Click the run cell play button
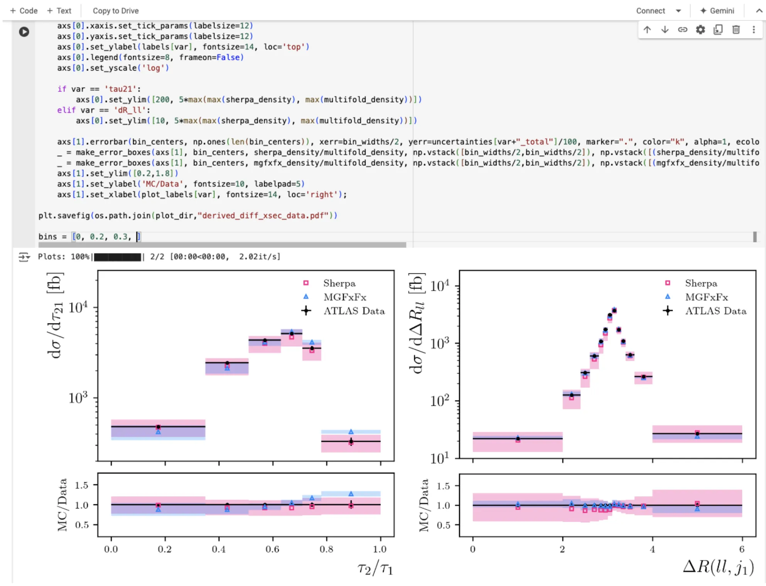(x=24, y=32)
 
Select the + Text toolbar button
(x=59, y=11)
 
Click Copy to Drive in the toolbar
(x=116, y=11)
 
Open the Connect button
(x=651, y=11)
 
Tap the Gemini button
(x=717, y=11)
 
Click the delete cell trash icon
(x=736, y=30)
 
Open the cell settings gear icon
(x=700, y=30)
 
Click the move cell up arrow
(x=647, y=30)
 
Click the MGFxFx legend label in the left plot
(x=345, y=297)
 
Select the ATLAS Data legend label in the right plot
(x=716, y=311)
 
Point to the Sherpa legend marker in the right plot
(x=668, y=283)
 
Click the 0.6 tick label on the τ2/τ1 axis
(x=272, y=549)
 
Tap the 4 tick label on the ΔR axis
(x=652, y=549)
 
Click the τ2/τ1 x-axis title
(x=375, y=569)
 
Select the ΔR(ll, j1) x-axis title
(x=719, y=567)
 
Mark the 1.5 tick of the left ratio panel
(x=81, y=485)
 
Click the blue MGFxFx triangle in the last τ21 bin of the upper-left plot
(x=351, y=432)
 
